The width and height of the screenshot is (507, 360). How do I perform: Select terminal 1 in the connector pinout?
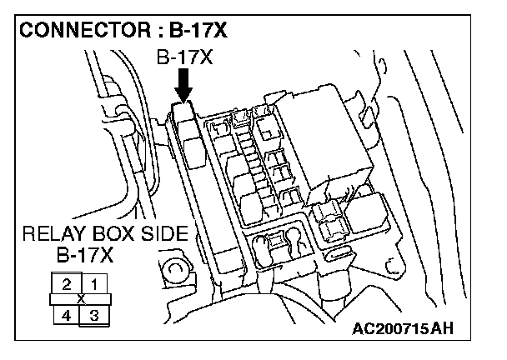94,283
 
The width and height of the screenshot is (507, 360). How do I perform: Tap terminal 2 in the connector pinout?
66,283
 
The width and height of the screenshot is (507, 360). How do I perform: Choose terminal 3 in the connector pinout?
94,314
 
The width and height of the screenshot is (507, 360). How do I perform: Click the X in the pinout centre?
80,298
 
